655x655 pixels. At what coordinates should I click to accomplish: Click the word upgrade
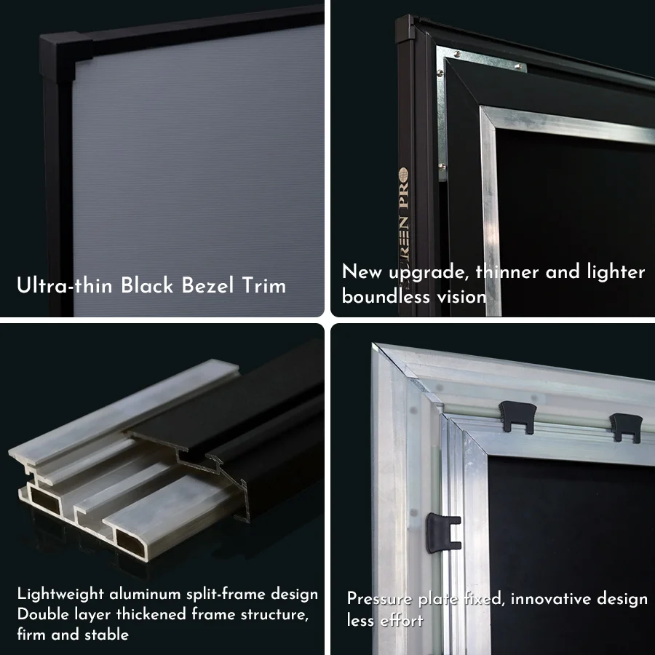click(x=429, y=273)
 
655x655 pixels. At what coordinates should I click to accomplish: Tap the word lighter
click(x=613, y=272)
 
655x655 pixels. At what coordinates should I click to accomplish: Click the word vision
click(x=461, y=297)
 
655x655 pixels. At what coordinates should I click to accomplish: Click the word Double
click(x=41, y=614)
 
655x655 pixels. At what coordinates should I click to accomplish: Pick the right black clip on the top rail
click(x=626, y=426)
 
